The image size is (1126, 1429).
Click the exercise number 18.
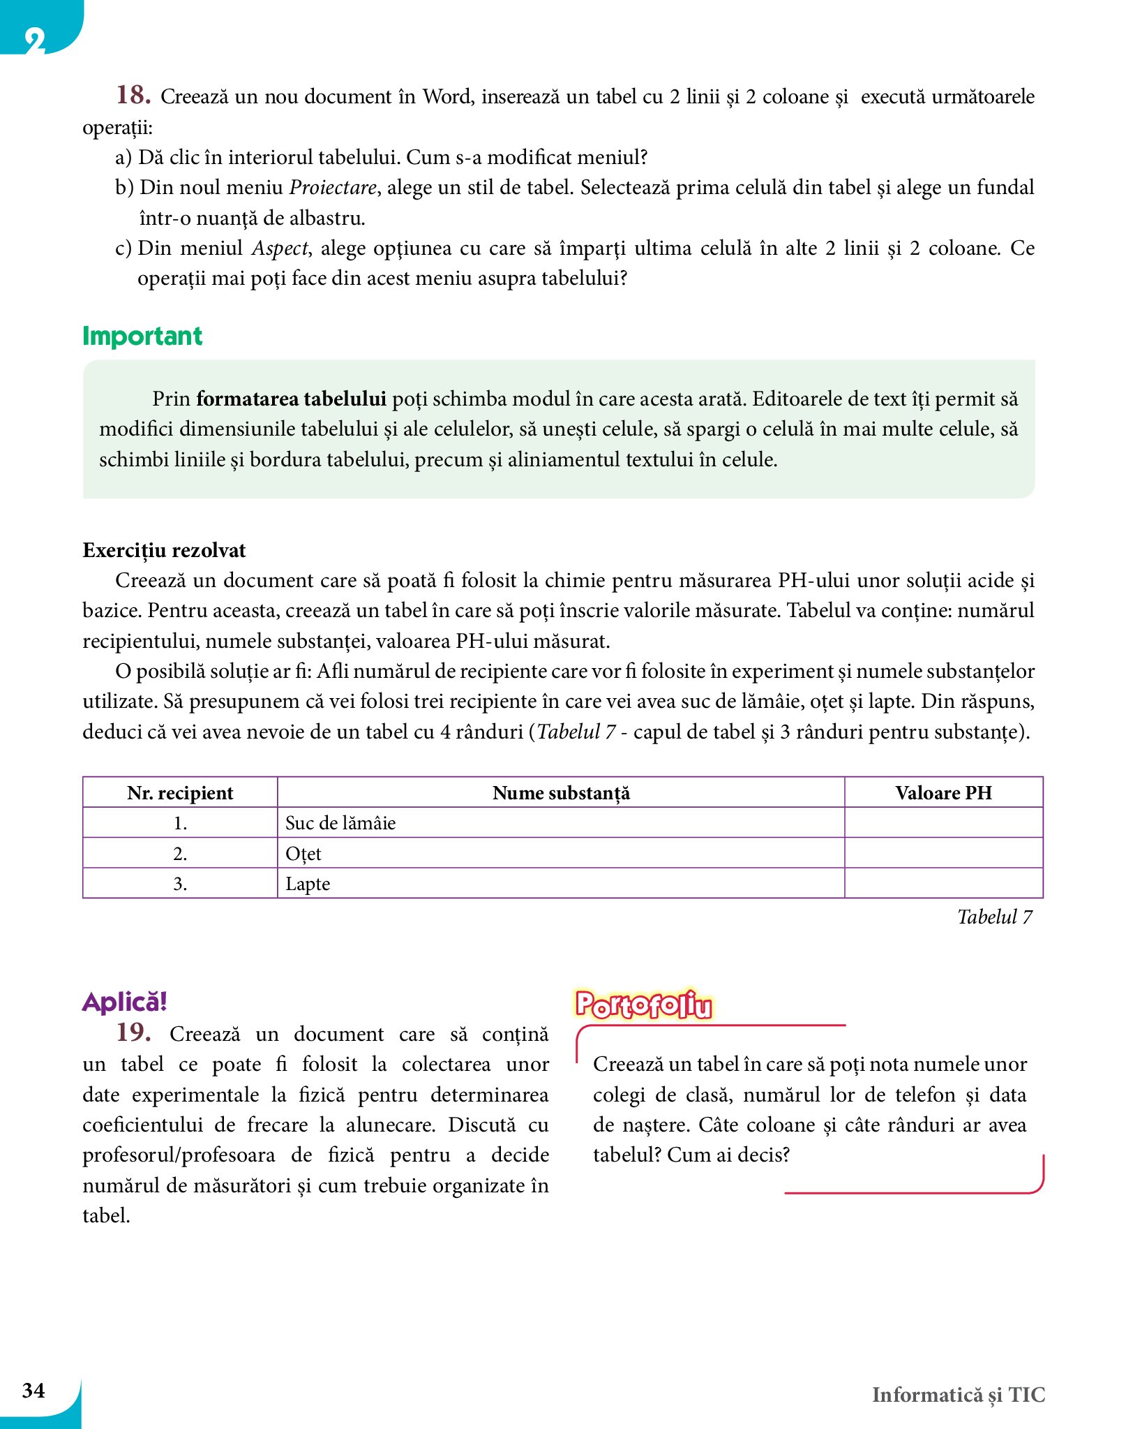[133, 95]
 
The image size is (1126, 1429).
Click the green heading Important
[142, 336]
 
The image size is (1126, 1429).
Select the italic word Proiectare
[333, 188]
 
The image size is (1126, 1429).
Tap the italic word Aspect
[280, 249]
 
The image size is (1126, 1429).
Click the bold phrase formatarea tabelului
[291, 399]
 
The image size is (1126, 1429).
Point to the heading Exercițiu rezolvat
[164, 550]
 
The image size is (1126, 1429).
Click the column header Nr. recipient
[180, 793]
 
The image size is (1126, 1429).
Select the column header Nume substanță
[561, 793]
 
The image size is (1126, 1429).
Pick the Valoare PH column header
[943, 793]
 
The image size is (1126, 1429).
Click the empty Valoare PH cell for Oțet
[943, 853]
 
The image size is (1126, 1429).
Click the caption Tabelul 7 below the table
[994, 917]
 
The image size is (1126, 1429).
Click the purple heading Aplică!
[125, 1002]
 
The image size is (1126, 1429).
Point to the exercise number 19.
[133, 1032]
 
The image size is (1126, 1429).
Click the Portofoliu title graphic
[643, 1005]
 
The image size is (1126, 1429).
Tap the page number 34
[33, 1390]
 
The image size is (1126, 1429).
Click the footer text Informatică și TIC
[959, 1395]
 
